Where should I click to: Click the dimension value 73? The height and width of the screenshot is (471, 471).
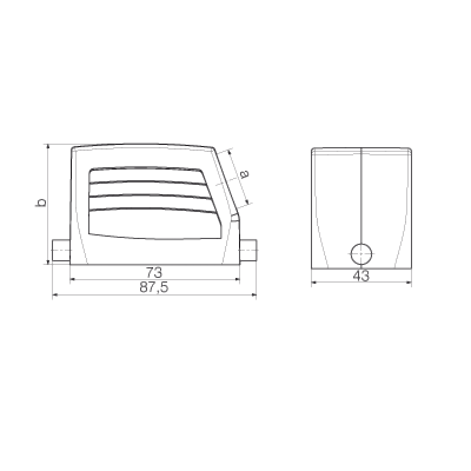[154, 273]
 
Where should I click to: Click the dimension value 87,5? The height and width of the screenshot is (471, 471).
[154, 287]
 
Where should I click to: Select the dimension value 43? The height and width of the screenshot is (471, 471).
[361, 276]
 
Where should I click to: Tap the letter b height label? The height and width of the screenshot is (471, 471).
[41, 203]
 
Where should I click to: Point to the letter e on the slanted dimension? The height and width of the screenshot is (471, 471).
[245, 174]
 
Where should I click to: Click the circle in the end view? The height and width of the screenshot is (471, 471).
[361, 254]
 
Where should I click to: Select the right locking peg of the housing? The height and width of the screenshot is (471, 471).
[248, 251]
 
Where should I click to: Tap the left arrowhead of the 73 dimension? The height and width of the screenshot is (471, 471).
[72, 279]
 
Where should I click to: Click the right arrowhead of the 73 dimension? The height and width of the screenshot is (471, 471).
[237, 279]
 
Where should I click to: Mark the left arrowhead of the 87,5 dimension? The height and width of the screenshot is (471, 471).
[55, 295]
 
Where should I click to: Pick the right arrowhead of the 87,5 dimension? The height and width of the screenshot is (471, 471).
[254, 295]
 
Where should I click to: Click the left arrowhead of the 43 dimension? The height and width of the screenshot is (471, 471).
[314, 282]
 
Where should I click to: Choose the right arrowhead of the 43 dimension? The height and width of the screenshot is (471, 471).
[409, 282]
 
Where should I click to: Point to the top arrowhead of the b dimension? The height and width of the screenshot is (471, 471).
[48, 147]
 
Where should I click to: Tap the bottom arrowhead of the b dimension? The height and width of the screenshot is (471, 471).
[48, 261]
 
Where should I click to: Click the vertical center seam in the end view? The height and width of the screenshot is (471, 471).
[361, 195]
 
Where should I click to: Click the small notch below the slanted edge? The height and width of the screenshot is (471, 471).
[235, 218]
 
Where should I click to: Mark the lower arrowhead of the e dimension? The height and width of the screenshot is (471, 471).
[247, 201]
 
